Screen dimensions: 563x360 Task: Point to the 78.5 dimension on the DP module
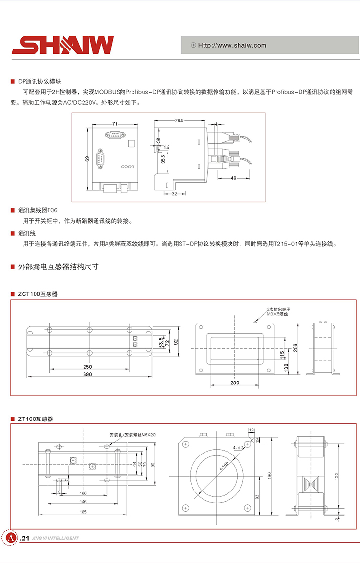point(180,121)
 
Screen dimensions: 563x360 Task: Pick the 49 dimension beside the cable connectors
point(234,178)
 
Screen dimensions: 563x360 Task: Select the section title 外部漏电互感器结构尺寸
point(58,266)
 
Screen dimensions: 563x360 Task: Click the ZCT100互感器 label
point(37,293)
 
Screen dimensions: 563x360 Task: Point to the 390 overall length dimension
point(88,374)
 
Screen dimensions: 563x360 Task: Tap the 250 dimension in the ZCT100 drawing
point(87,367)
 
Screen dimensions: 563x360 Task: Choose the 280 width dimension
point(235,383)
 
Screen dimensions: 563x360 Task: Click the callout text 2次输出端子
point(279,310)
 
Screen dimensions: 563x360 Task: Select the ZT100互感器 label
point(36,419)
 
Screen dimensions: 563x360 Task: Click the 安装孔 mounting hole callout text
point(133,434)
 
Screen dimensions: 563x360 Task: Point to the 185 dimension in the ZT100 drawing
point(83,512)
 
